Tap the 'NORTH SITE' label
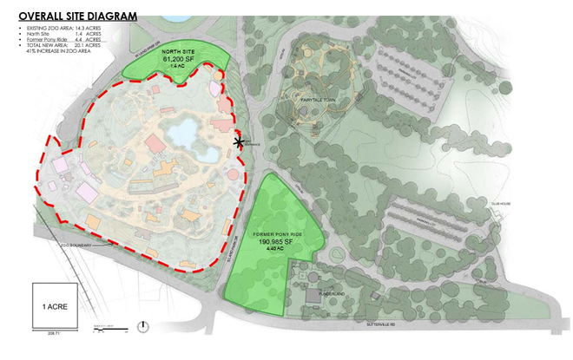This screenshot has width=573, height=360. [178, 52]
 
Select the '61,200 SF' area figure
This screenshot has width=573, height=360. [178, 60]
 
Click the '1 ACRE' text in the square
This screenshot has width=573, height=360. [52, 306]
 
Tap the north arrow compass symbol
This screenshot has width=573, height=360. [143, 326]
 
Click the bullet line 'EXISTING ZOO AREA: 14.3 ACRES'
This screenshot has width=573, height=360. [65, 29]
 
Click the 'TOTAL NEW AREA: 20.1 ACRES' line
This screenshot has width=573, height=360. [63, 49]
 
